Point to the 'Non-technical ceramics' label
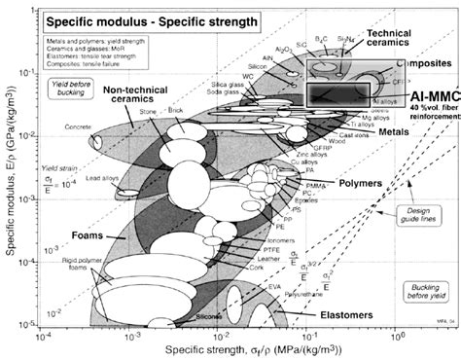(x=139, y=97)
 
